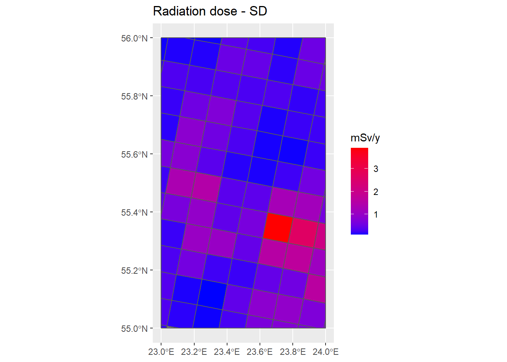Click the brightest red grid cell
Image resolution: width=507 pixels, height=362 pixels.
click(278, 227)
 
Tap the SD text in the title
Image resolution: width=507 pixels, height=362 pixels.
click(258, 11)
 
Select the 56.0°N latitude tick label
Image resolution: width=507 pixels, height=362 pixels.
click(134, 38)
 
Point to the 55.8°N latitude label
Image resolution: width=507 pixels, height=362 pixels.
click(134, 97)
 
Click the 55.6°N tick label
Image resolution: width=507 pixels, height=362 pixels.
click(134, 155)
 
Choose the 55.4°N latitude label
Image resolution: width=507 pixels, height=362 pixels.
click(134, 213)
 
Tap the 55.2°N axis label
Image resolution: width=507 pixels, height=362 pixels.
click(134, 271)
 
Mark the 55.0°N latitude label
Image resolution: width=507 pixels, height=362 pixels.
click(134, 329)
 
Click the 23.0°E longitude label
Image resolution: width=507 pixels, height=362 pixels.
click(161, 352)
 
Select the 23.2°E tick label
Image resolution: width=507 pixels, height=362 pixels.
click(194, 352)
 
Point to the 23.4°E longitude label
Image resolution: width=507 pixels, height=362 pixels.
click(227, 352)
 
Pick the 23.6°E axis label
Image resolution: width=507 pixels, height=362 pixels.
click(260, 352)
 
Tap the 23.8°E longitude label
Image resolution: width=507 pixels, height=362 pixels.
click(292, 352)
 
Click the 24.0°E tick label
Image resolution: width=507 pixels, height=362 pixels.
click(326, 352)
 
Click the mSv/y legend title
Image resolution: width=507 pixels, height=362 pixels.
click(365, 138)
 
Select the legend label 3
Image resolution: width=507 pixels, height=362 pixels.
click(376, 169)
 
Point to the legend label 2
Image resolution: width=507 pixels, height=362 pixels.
click(376, 192)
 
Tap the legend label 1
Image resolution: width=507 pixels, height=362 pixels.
click(376, 215)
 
